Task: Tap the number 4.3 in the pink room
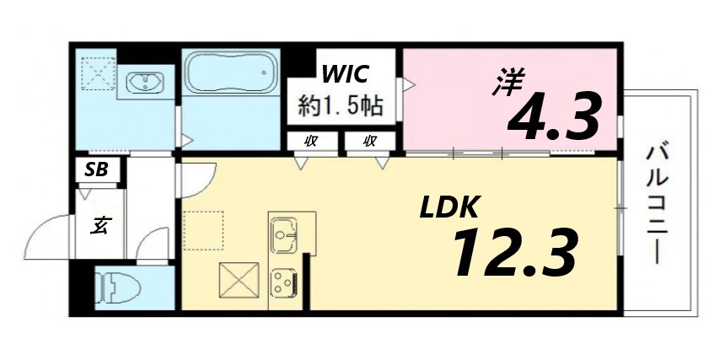(553, 118)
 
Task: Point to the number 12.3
(514, 253)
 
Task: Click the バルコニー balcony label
(659, 202)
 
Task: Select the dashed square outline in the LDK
(204, 230)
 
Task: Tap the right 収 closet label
(368, 141)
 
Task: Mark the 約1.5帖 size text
(342, 105)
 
